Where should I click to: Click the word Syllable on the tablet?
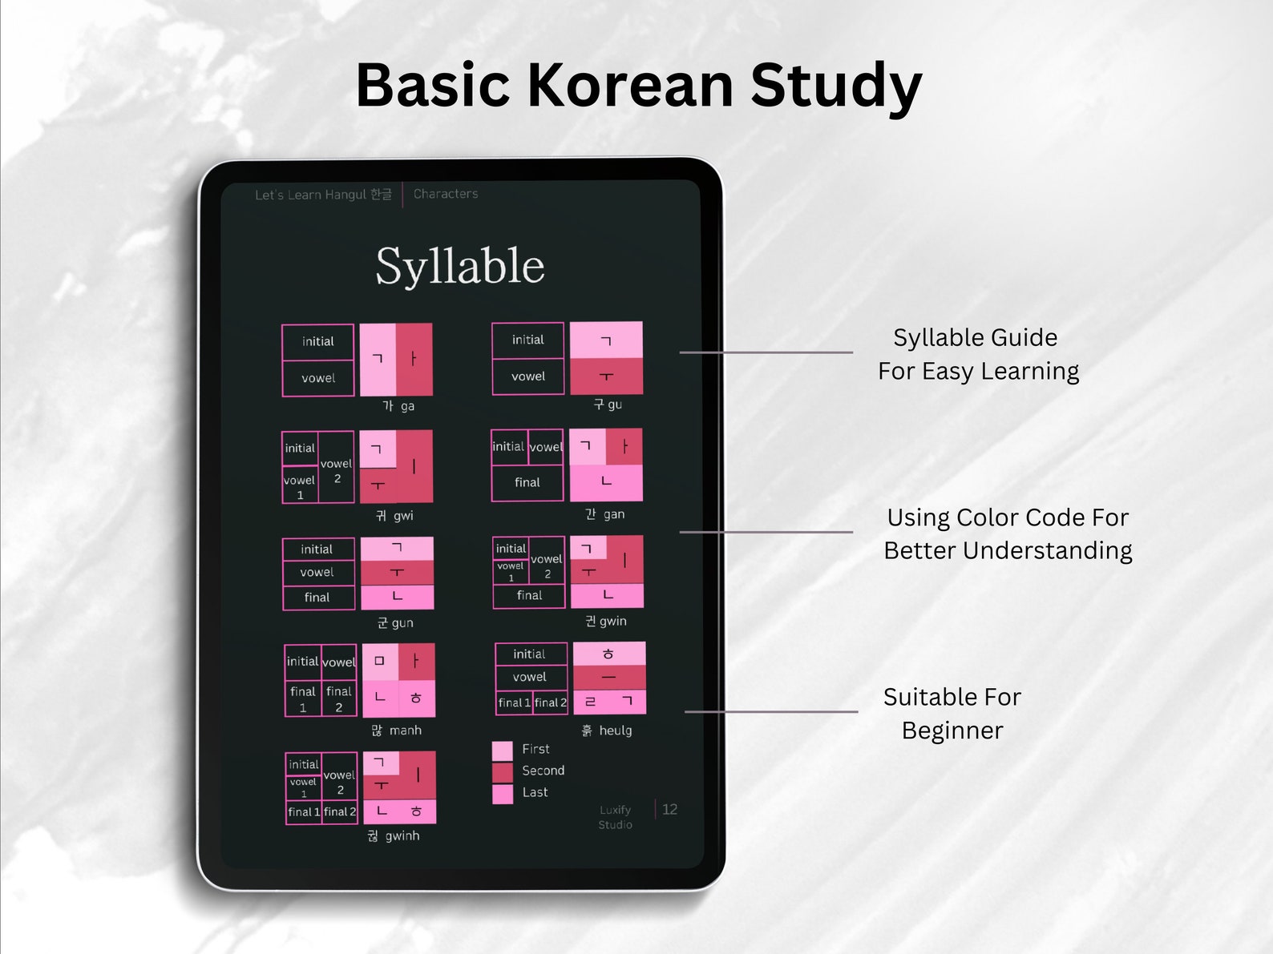click(460, 266)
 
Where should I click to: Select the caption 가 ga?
click(398, 406)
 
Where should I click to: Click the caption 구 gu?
click(608, 405)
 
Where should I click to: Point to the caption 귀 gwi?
click(394, 516)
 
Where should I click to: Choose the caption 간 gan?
click(604, 514)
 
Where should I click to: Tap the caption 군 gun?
click(395, 622)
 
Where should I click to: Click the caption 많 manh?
click(396, 731)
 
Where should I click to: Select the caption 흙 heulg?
click(607, 731)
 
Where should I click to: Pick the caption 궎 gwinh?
click(394, 836)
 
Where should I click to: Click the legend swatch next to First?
click(502, 751)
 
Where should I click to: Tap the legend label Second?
click(543, 771)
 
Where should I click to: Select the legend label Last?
click(535, 792)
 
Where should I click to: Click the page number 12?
click(669, 810)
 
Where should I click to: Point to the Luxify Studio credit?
click(615, 817)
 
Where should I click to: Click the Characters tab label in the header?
click(446, 194)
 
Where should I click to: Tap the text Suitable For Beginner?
click(952, 713)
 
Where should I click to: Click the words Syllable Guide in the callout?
click(975, 338)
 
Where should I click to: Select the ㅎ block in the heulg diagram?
click(608, 654)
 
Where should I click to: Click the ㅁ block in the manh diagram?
click(380, 662)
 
